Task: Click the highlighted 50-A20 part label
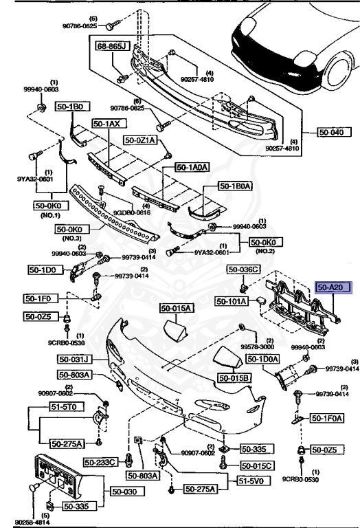(333, 289)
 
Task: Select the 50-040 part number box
(332, 132)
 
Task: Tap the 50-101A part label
(231, 301)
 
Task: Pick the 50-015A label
(178, 309)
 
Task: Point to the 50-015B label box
(235, 378)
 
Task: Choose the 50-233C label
(101, 461)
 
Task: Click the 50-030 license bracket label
(125, 492)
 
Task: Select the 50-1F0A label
(326, 417)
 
